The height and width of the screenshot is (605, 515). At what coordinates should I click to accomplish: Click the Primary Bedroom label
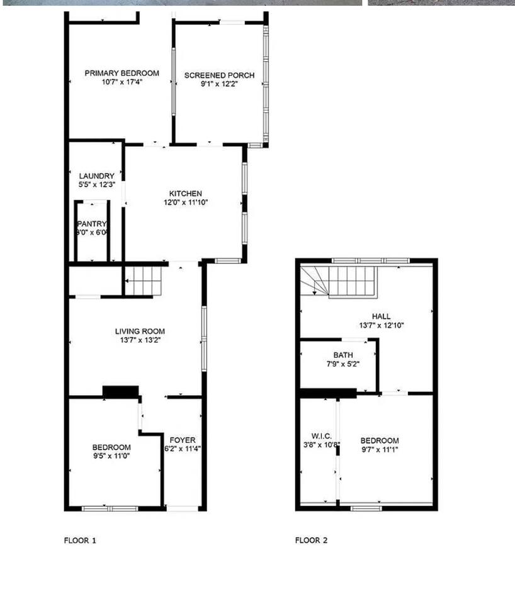[122, 73]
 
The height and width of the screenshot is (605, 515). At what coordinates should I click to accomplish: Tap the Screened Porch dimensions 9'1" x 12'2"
[219, 84]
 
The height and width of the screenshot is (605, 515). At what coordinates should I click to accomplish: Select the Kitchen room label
[186, 193]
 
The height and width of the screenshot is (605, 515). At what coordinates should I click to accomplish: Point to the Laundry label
[96, 176]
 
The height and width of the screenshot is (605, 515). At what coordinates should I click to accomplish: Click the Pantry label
[92, 224]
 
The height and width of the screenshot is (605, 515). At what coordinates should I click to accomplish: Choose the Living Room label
[140, 331]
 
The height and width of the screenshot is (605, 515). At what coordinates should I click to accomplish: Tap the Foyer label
[183, 440]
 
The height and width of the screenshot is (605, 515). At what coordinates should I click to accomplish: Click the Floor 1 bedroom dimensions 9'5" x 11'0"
[111, 456]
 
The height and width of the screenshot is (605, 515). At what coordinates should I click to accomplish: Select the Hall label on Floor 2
[382, 316]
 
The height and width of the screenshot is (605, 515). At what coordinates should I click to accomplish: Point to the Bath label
[343, 355]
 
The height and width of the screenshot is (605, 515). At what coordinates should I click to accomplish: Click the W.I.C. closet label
[322, 436]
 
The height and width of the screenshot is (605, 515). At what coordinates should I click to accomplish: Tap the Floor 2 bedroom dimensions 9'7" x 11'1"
[380, 449]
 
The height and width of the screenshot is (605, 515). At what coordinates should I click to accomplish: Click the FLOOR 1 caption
[80, 540]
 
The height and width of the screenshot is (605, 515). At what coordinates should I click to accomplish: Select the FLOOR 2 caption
[312, 540]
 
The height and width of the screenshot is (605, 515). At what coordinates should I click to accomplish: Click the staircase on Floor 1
[144, 281]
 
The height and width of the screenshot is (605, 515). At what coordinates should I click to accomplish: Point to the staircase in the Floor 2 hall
[339, 282]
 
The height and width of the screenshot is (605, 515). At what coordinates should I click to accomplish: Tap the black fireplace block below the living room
[121, 391]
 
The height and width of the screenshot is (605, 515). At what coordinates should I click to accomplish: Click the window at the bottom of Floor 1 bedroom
[110, 509]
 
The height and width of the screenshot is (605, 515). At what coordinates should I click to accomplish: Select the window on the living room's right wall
[205, 338]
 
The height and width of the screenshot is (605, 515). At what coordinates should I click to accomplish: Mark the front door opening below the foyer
[183, 509]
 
